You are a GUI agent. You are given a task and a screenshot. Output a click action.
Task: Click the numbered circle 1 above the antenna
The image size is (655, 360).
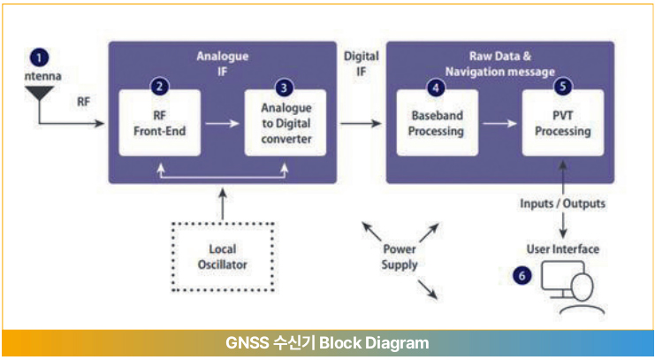click(x=39, y=57)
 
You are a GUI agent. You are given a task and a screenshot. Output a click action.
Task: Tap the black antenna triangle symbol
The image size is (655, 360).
click(x=39, y=93)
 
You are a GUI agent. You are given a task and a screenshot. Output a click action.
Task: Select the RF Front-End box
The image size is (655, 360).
click(x=160, y=123)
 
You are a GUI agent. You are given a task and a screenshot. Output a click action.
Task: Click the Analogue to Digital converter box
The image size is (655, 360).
click(x=286, y=123)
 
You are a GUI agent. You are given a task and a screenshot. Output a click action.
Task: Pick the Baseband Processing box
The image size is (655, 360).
click(x=437, y=123)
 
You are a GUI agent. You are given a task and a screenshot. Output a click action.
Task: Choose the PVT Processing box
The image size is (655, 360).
click(x=563, y=123)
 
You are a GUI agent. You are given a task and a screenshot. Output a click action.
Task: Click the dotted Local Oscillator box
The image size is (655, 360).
click(x=223, y=257)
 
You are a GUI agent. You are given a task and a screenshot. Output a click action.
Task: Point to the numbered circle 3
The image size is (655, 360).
click(x=284, y=88)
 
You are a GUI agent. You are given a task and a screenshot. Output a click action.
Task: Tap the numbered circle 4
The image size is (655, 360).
click(x=436, y=88)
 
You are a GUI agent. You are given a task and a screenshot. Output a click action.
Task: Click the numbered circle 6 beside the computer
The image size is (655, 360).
click(x=522, y=276)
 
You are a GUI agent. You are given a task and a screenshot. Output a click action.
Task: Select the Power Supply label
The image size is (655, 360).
click(x=400, y=257)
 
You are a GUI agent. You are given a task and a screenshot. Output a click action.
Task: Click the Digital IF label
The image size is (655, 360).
click(x=361, y=64)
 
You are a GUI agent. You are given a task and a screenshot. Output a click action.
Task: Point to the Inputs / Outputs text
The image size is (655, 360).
click(x=562, y=203)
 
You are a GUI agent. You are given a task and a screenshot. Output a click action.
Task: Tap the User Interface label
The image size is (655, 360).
click(x=563, y=249)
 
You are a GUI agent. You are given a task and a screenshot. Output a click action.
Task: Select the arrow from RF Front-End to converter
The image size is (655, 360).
click(x=222, y=123)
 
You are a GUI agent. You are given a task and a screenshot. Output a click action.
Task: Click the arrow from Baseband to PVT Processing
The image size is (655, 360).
click(x=499, y=123)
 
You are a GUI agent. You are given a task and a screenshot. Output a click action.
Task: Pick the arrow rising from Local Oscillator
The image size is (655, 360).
click(x=223, y=203)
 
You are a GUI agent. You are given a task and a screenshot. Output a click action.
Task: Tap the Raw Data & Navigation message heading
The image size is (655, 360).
click(x=499, y=64)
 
